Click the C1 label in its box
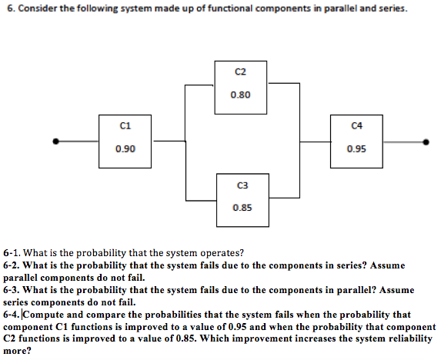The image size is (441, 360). pyautogui.click(x=125, y=125)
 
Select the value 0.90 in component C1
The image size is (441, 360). pyautogui.click(x=125, y=148)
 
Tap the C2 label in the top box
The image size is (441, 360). pyautogui.click(x=240, y=72)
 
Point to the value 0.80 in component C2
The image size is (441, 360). pyautogui.click(x=240, y=95)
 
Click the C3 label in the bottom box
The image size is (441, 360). pyautogui.click(x=242, y=185)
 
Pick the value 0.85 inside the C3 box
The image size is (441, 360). pyautogui.click(x=242, y=208)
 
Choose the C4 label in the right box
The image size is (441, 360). pyautogui.click(x=357, y=125)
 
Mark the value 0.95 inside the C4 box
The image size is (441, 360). pyautogui.click(x=356, y=148)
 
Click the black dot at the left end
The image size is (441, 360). pyautogui.click(x=56, y=141)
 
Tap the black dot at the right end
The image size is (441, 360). pyautogui.click(x=426, y=142)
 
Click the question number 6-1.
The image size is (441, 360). pyautogui.click(x=12, y=253)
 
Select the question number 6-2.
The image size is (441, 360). pyautogui.click(x=12, y=265)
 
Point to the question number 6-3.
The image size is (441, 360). pyautogui.click(x=12, y=290)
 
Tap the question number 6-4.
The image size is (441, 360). pyautogui.click(x=12, y=315)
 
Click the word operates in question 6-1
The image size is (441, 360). pyautogui.click(x=222, y=253)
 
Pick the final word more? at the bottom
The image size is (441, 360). pyautogui.click(x=17, y=351)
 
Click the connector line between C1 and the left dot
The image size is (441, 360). pyautogui.click(x=77, y=141)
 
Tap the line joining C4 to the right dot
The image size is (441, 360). pyautogui.click(x=404, y=142)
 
